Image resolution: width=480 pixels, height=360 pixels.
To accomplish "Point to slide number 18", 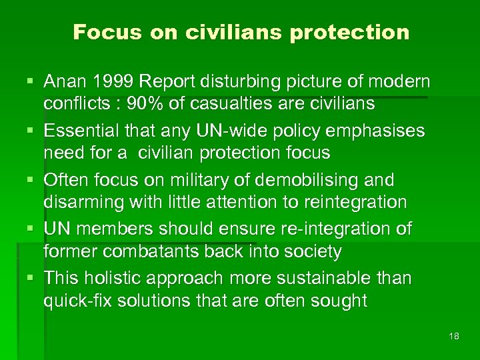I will click(x=454, y=336).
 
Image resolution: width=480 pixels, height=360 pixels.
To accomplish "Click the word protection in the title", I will click(x=350, y=32).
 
